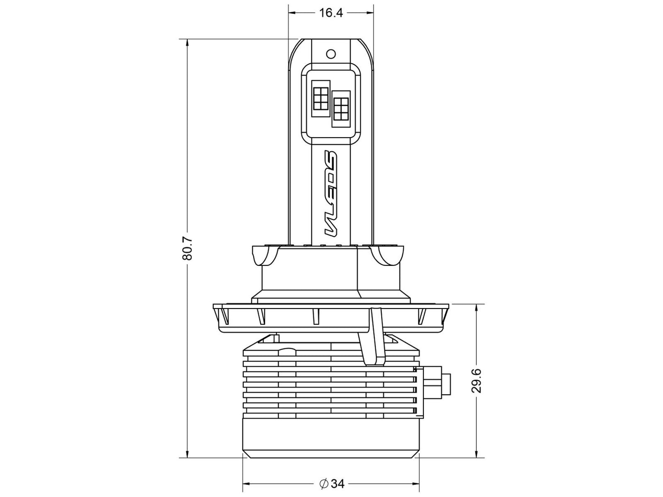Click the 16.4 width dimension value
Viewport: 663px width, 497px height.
click(331, 13)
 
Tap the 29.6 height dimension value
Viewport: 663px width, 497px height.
click(477, 381)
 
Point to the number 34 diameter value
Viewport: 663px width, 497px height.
click(338, 484)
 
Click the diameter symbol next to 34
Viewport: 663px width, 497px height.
click(323, 484)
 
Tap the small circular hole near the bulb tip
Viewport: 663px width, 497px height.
click(331, 54)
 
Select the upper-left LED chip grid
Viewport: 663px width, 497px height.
click(320, 98)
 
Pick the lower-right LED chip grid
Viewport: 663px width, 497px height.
click(341, 109)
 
